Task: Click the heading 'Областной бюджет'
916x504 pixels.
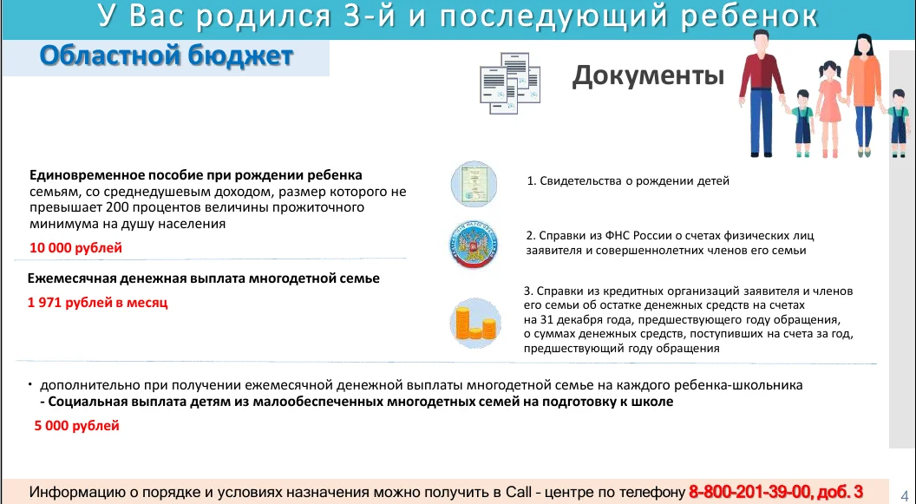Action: (166, 56)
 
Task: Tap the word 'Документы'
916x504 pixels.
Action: (648, 76)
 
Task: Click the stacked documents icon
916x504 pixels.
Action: (510, 83)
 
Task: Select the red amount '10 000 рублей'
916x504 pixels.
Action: (76, 247)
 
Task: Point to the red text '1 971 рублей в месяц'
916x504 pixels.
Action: (97, 303)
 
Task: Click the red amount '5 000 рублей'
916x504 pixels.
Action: (76, 426)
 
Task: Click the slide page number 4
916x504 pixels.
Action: (905, 494)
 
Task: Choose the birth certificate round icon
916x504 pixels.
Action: (474, 185)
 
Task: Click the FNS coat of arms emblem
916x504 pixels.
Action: (474, 244)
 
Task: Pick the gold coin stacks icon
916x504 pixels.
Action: (475, 323)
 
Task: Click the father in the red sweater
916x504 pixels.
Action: (761, 94)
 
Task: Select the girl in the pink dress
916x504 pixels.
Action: (829, 109)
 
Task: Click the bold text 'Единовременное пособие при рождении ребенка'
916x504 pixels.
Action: (196, 175)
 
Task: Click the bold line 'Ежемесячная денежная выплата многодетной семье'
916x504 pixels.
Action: (203, 278)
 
